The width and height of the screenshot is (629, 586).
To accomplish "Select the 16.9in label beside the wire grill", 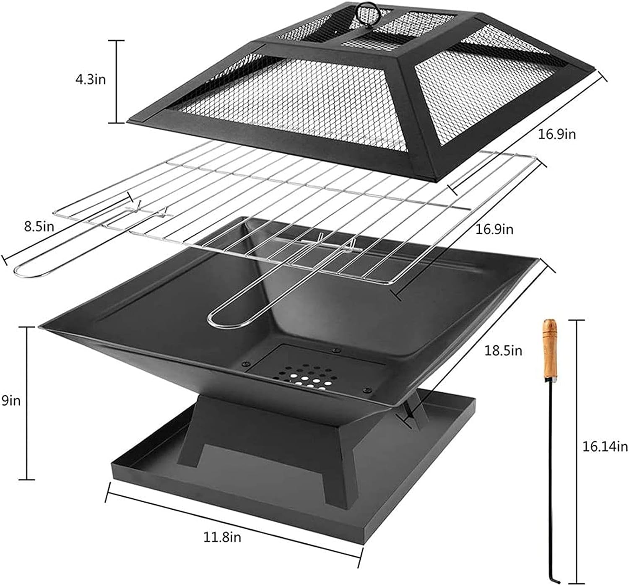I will click(494, 229).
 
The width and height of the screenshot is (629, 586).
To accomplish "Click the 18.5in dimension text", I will click(504, 350).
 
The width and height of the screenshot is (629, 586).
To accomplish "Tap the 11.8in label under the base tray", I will click(223, 537).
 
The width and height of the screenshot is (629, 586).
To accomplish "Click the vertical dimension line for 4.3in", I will click(117, 82).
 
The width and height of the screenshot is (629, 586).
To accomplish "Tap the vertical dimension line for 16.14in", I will click(578, 449).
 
